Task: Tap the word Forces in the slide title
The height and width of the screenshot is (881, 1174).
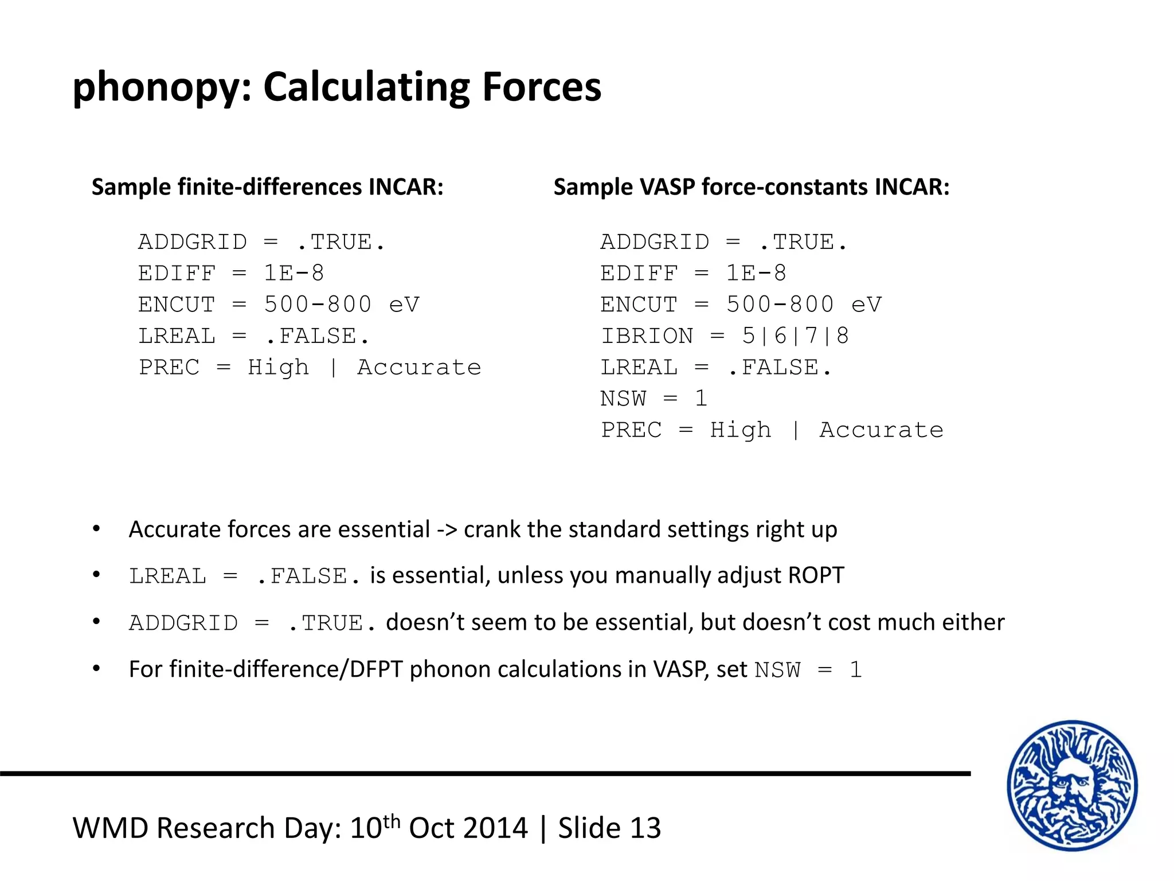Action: [x=542, y=87]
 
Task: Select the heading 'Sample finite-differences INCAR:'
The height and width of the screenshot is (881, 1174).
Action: [x=268, y=187]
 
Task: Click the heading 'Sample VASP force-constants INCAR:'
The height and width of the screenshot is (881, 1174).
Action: [x=752, y=187]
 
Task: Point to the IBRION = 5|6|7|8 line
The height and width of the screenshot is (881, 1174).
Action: [x=725, y=336]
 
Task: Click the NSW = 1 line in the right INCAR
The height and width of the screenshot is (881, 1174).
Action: [x=653, y=399]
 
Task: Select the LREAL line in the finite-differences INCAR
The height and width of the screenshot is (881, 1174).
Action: [x=254, y=336]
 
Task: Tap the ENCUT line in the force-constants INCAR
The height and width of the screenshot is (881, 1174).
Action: [x=741, y=305]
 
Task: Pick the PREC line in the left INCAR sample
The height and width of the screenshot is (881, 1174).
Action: [x=310, y=368]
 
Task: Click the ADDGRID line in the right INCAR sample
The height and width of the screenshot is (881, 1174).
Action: [x=723, y=242]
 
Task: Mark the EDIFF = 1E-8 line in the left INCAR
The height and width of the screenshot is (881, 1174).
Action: [x=231, y=274]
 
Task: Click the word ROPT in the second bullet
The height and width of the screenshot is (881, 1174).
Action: [x=816, y=575]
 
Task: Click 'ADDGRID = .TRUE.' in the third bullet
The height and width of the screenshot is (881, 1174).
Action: [x=252, y=623]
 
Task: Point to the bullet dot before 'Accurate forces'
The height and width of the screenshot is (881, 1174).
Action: [x=96, y=529]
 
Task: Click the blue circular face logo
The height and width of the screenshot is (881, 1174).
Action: [x=1072, y=785]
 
